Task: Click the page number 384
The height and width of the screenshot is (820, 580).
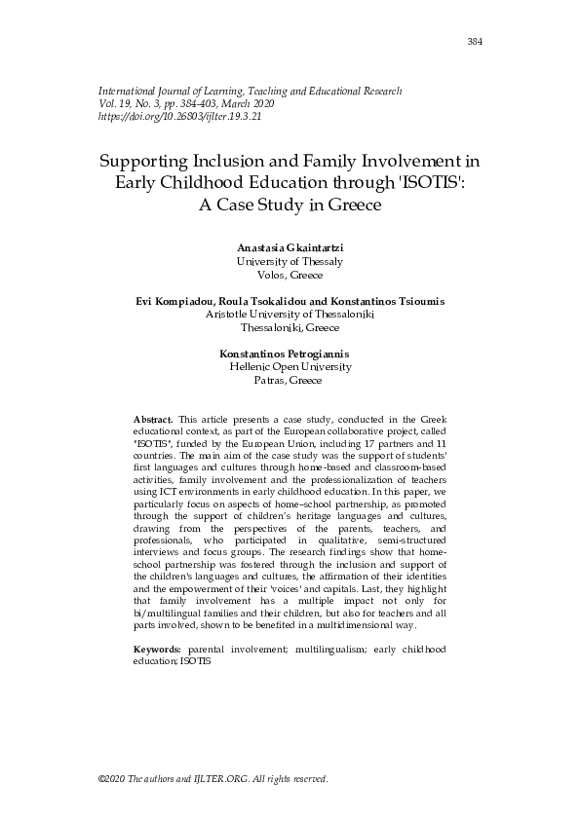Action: point(475,42)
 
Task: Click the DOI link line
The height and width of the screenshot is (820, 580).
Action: point(179,116)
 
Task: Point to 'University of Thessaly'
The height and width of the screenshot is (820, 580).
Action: point(290,262)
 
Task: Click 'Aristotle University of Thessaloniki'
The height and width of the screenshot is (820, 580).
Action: point(290,315)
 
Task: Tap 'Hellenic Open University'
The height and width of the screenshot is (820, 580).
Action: point(290,367)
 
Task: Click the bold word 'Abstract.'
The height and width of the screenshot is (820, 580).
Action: point(153,418)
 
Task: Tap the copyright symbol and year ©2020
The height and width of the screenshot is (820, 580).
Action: point(114,780)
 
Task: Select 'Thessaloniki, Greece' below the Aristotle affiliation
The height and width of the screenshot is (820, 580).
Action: point(290,328)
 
